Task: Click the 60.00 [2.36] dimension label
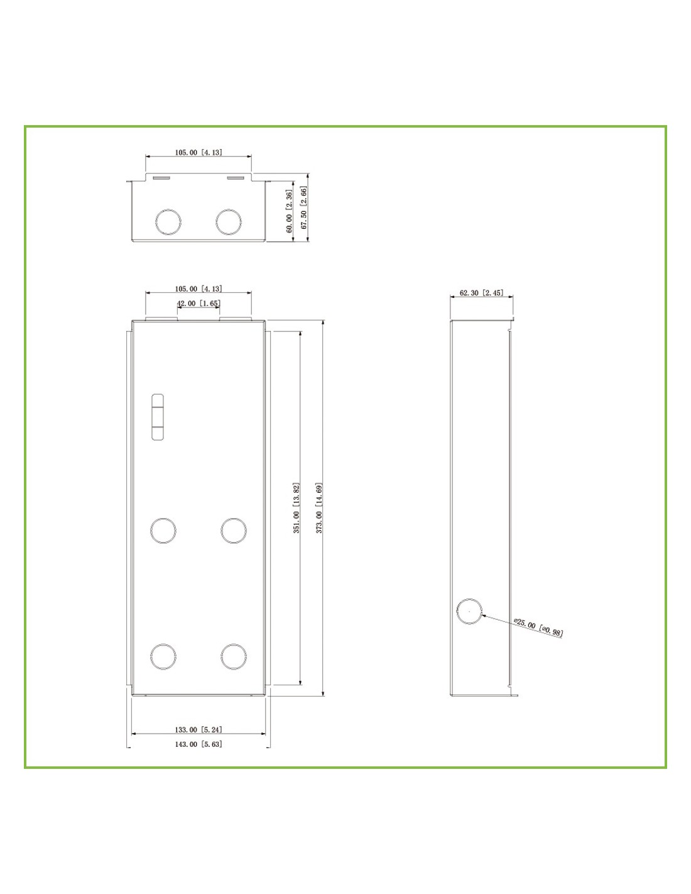click(x=290, y=211)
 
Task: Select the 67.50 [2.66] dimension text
click(x=304, y=207)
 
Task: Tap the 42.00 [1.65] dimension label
click(x=199, y=303)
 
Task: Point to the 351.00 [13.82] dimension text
click(x=297, y=508)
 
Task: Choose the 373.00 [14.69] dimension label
click(x=319, y=508)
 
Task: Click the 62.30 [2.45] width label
click(x=481, y=293)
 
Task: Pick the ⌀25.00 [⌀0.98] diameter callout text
click(x=538, y=627)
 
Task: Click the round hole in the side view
click(x=469, y=611)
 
